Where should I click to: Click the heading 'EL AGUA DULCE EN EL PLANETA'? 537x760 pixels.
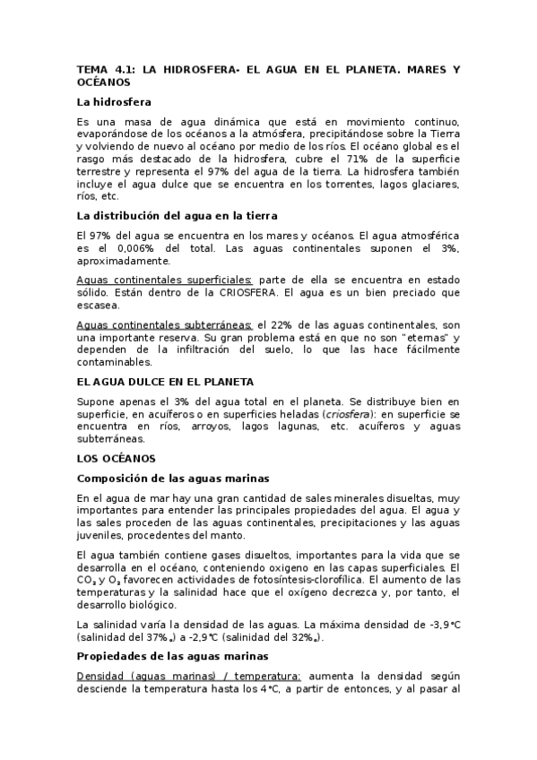[x=165, y=381]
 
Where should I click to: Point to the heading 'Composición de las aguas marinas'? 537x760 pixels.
[x=174, y=478]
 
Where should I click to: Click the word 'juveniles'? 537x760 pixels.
[x=101, y=535]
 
